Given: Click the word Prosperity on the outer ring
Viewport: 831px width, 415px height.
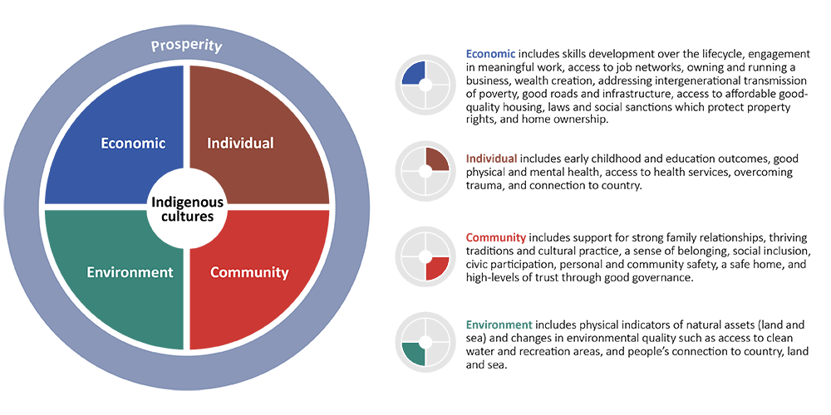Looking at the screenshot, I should pos(186,45).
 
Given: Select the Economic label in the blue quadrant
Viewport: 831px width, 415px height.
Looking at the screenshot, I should pos(133,143).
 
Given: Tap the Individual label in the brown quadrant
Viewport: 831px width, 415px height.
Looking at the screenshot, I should pos(240,143).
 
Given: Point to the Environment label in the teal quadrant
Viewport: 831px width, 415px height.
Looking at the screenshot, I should pos(130,272).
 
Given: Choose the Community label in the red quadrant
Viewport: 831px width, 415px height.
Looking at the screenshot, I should pos(249,272).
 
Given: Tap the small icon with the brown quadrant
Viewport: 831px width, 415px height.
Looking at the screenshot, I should pos(425,169).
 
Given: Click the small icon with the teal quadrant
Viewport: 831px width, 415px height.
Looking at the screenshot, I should pos(425,341).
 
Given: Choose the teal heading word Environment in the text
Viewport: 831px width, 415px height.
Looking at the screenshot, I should pos(499,324).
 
